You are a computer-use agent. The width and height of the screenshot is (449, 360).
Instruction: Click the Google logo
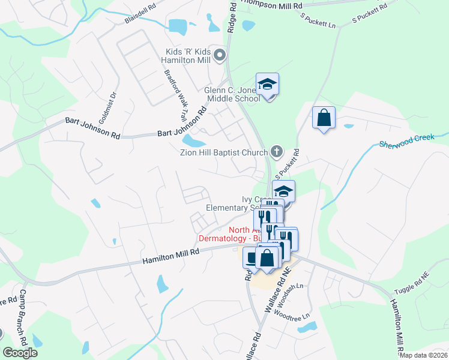(x=20, y=353)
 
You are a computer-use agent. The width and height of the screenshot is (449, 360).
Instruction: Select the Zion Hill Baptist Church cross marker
(x=276, y=151)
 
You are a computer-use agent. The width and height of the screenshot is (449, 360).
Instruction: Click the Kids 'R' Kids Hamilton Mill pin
(x=220, y=56)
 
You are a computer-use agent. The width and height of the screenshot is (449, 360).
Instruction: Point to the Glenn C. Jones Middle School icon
(x=268, y=85)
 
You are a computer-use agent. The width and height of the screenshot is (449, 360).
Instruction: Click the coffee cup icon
(x=252, y=257)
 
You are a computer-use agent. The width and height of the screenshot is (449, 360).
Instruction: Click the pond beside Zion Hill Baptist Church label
(x=193, y=141)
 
